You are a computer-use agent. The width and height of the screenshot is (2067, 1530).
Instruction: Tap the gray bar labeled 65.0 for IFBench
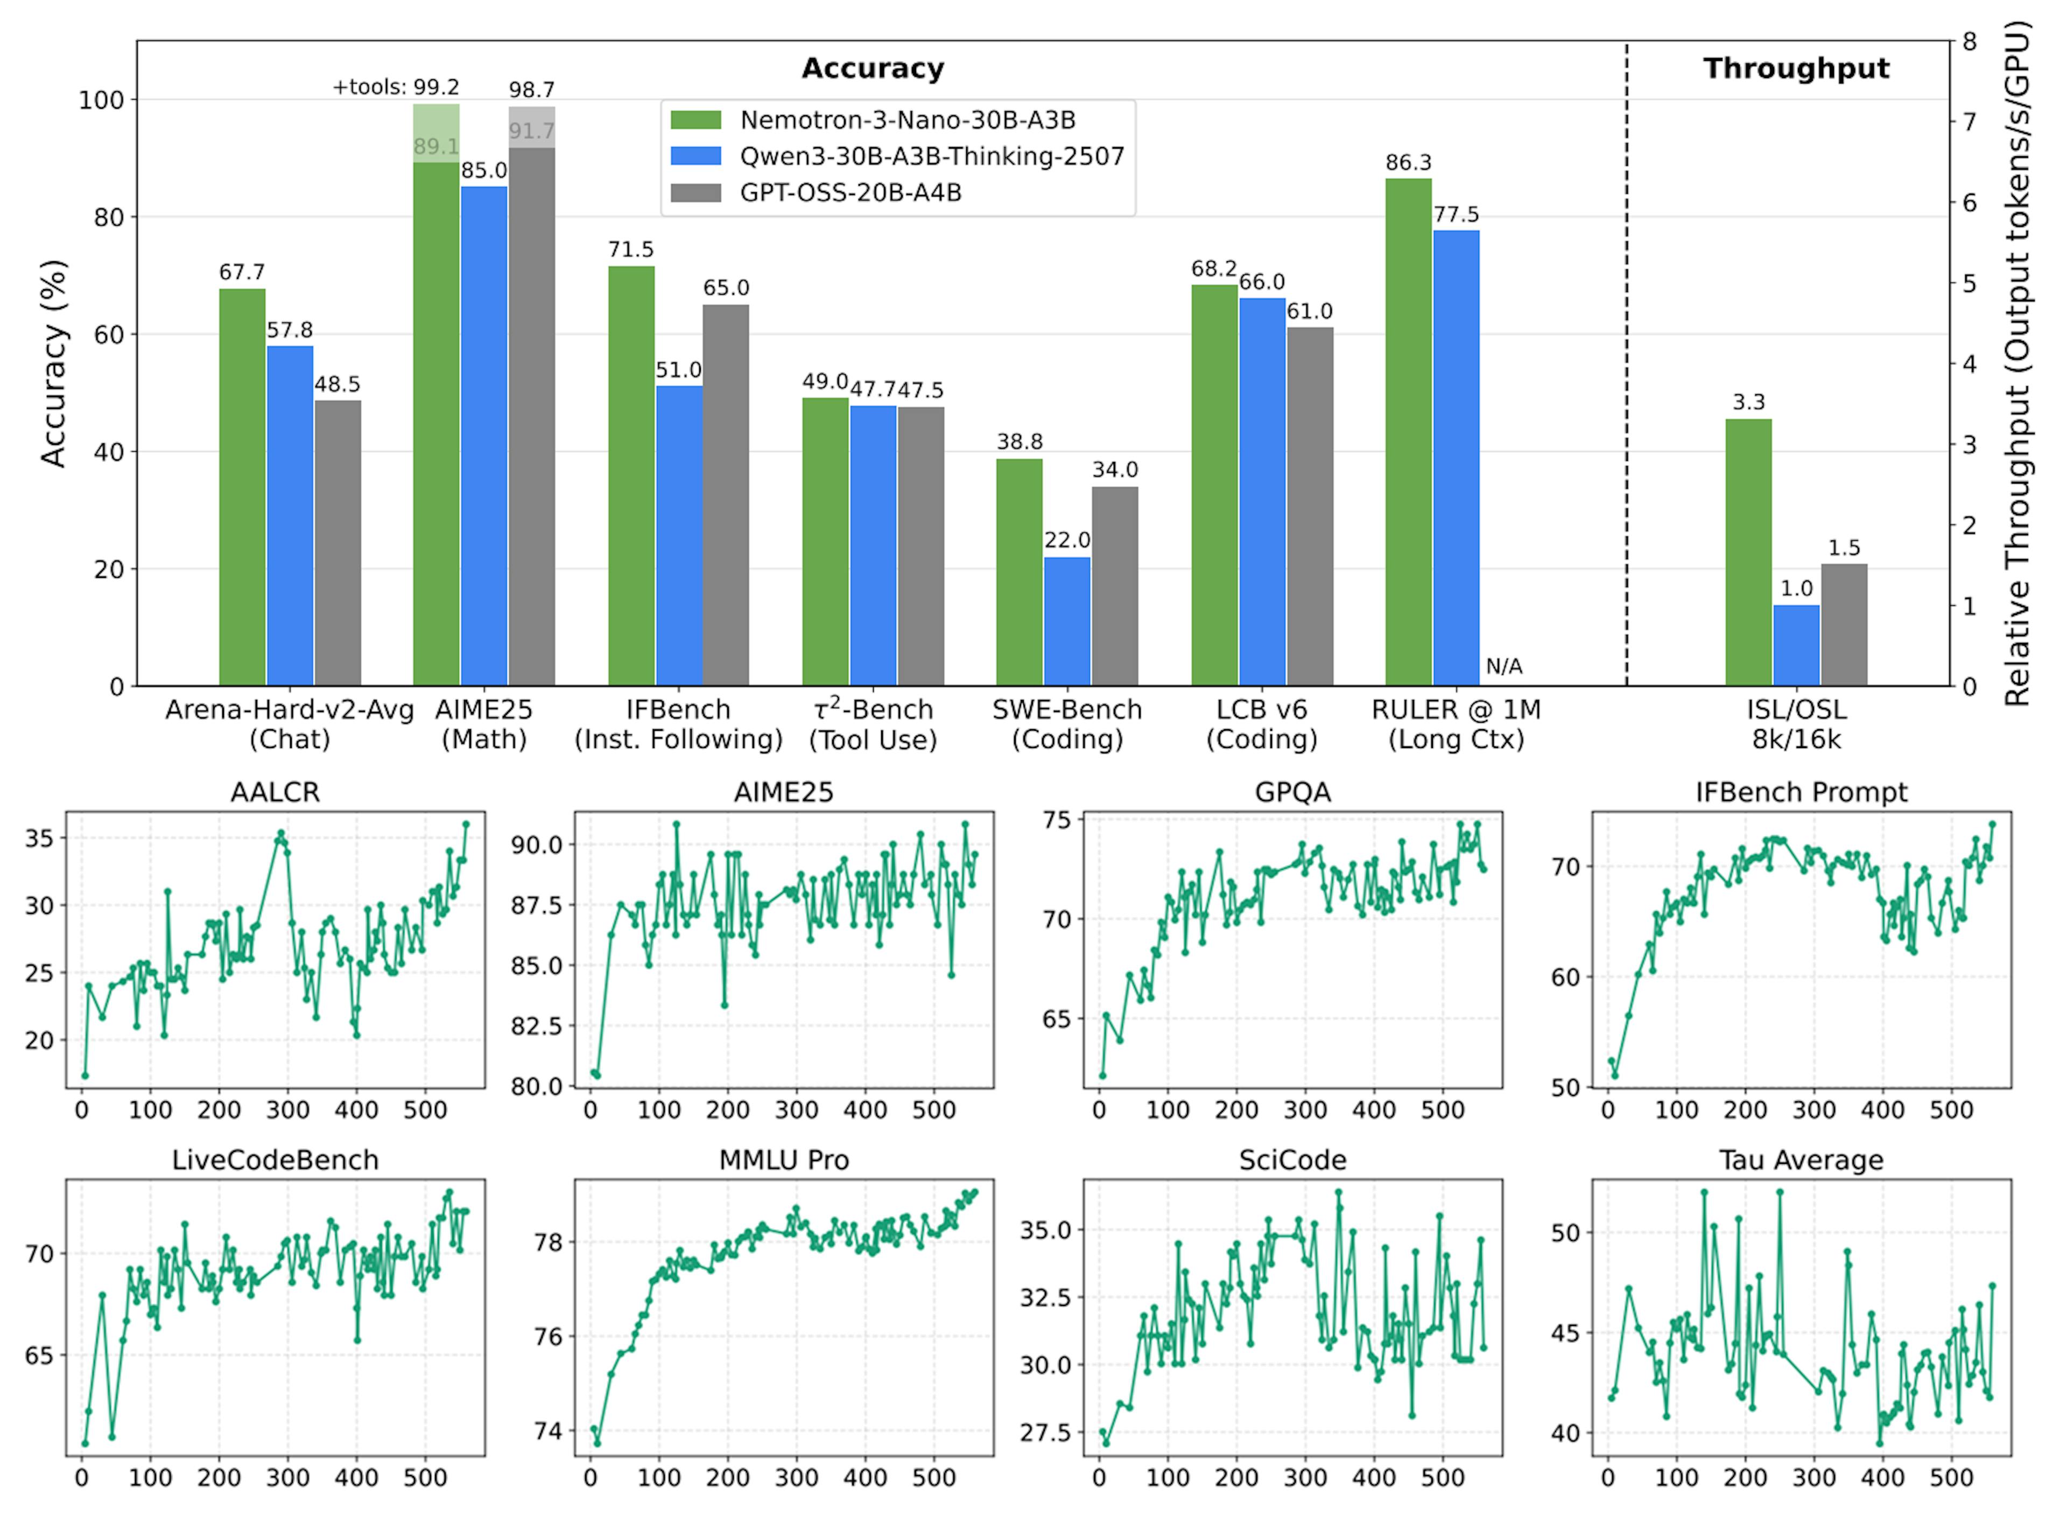[726, 495]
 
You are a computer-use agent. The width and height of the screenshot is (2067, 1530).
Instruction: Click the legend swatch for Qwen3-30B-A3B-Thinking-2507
[695, 156]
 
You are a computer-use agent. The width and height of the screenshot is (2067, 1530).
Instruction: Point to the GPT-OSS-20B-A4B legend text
[850, 193]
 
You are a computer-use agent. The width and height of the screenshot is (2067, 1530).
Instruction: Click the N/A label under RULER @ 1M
[1503, 666]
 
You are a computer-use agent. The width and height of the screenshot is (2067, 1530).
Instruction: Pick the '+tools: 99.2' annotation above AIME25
[396, 87]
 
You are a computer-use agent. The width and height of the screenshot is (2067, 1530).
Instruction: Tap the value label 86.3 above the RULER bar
[1408, 163]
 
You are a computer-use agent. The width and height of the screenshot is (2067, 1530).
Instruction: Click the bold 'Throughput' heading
[1796, 68]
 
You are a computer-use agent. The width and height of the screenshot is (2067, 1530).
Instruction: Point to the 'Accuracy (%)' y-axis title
[54, 363]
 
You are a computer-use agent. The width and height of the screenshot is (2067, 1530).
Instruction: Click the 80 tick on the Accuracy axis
[108, 218]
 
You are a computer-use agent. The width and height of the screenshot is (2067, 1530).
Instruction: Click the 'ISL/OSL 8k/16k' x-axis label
[1796, 724]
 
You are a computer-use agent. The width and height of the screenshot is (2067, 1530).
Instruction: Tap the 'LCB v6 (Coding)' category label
[1261, 724]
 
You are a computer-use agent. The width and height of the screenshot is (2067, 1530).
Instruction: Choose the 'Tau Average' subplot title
[1801, 1161]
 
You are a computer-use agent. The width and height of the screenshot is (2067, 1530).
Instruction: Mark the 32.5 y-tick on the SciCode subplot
[1044, 1297]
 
